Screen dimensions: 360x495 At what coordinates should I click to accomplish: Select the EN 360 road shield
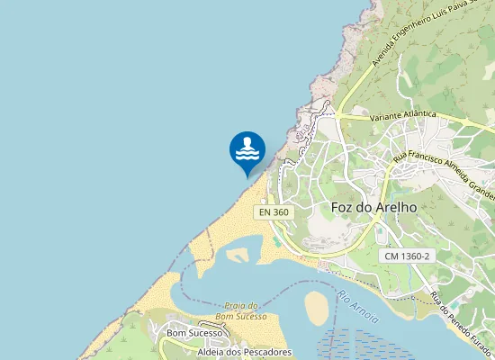coord(274,212)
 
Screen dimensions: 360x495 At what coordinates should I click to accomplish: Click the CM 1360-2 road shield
coord(407,256)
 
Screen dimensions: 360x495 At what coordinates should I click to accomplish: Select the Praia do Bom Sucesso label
coord(243,310)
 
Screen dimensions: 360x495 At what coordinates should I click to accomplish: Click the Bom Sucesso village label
coord(193,333)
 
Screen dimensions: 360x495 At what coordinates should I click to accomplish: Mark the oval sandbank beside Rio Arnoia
coord(317,308)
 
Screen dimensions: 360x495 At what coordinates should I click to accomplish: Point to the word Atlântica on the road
coord(418,115)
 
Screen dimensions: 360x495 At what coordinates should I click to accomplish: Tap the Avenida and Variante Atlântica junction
coord(337,114)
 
